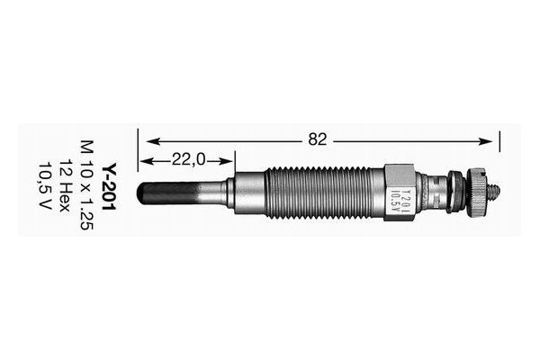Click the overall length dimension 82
(317, 139)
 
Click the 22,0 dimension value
(188, 159)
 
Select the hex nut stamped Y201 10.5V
(399, 191)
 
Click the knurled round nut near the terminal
(477, 191)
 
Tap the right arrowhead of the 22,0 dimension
(231, 160)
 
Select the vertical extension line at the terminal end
(498, 148)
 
